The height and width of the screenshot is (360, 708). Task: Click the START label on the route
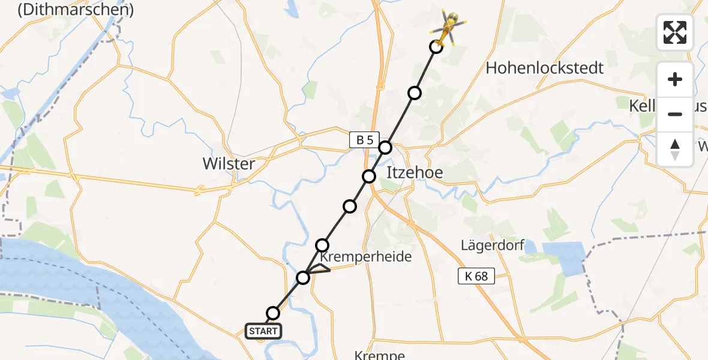(263, 331)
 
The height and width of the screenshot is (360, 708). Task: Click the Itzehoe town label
(415, 173)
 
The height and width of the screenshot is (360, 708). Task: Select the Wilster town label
(229, 164)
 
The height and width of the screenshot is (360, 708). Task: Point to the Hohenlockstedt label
(544, 68)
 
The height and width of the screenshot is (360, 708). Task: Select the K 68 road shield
(476, 276)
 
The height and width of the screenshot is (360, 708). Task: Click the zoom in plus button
(675, 80)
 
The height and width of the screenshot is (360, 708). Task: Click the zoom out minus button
(675, 114)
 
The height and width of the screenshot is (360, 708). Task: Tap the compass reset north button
(675, 149)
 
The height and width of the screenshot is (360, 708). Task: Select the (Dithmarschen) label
(76, 10)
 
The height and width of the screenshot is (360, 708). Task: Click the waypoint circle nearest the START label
(273, 313)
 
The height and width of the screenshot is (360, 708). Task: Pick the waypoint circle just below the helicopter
(436, 47)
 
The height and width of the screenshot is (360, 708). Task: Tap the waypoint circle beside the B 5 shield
(385, 148)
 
